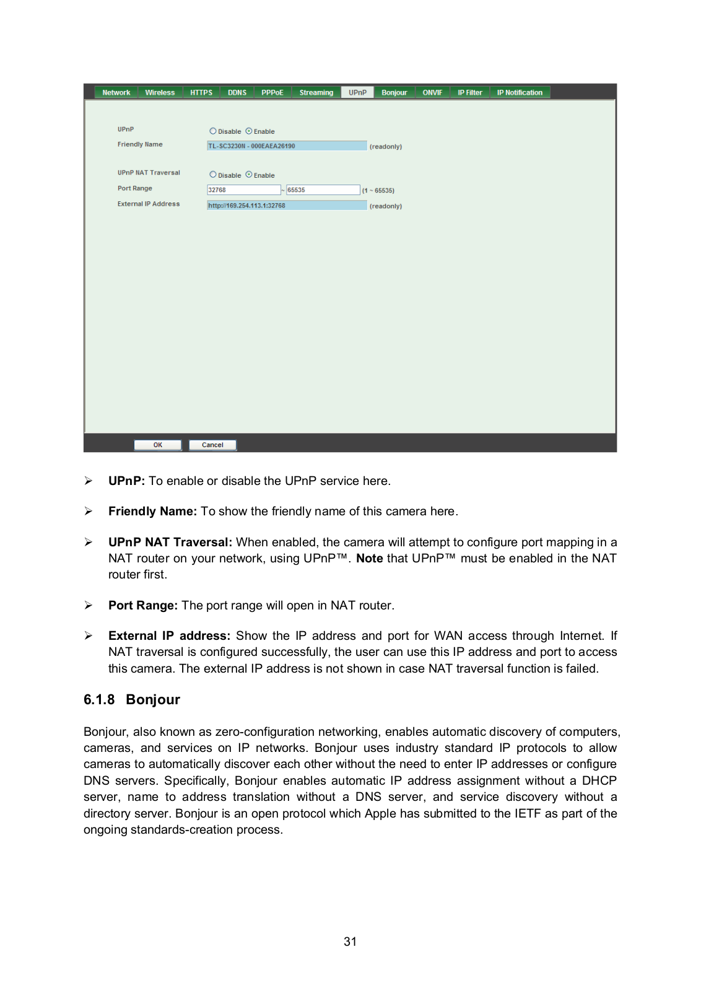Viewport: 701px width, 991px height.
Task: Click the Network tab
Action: (x=116, y=93)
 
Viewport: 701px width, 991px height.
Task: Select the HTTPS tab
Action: (x=201, y=93)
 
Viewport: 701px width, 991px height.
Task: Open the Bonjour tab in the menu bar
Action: (x=394, y=93)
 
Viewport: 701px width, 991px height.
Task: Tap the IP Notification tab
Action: (x=520, y=93)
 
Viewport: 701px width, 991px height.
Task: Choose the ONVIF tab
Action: (x=432, y=93)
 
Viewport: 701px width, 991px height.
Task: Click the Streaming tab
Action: (x=316, y=93)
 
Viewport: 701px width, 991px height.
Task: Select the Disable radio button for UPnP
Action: (x=213, y=131)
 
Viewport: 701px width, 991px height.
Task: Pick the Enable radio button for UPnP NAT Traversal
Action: (x=249, y=175)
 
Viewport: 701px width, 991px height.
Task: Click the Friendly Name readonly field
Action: (x=287, y=146)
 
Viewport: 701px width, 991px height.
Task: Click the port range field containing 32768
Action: (x=243, y=190)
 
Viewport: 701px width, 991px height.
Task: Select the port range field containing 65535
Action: (x=323, y=190)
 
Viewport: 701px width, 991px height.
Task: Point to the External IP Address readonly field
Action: (x=287, y=206)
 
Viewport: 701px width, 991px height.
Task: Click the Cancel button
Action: (x=212, y=445)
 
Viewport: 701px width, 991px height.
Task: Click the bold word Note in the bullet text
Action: (x=369, y=559)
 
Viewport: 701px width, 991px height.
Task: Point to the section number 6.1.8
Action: (x=99, y=700)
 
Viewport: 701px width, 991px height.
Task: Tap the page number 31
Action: (x=350, y=941)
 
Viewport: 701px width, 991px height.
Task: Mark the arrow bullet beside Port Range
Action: (x=89, y=605)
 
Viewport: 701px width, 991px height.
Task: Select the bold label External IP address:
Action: (x=169, y=636)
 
